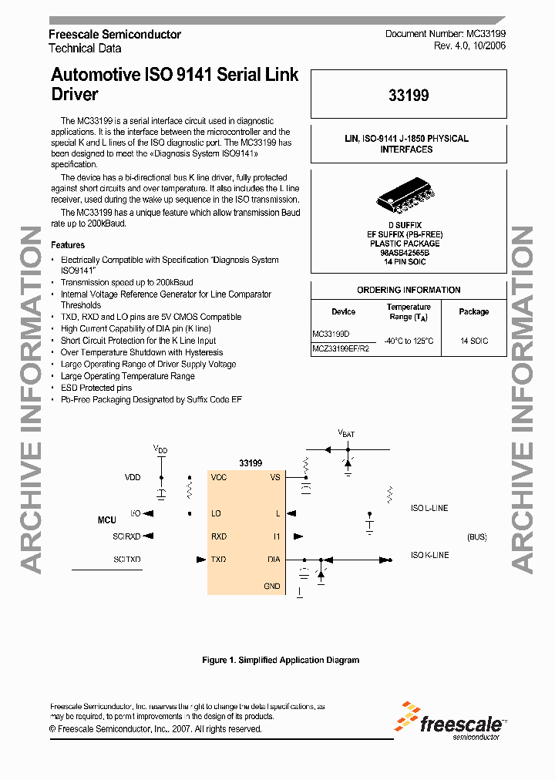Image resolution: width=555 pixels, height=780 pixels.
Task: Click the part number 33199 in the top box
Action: [x=409, y=96]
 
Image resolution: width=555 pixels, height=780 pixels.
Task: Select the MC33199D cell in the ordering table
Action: [x=331, y=335]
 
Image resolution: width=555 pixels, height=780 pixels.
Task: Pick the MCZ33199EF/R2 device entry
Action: [x=341, y=348]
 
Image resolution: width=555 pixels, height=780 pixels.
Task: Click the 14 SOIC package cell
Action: [x=473, y=341]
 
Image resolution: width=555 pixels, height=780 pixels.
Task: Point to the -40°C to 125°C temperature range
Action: [x=409, y=341]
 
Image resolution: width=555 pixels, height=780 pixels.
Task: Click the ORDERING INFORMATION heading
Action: [x=409, y=290]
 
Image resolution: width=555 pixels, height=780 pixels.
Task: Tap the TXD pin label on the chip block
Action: [x=219, y=560]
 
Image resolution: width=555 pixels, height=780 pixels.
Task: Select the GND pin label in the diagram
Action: [x=272, y=586]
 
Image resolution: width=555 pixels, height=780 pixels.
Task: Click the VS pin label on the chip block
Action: [x=275, y=477]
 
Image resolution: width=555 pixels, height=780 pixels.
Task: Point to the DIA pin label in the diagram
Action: [x=274, y=560]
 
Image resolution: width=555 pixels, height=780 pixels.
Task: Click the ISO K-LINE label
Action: [x=429, y=555]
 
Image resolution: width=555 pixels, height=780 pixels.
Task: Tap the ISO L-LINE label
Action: [x=429, y=508]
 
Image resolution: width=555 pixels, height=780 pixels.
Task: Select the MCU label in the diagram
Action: [x=106, y=520]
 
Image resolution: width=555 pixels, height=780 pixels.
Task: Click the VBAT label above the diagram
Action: [x=346, y=434]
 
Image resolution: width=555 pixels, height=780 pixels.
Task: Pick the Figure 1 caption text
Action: [x=281, y=660]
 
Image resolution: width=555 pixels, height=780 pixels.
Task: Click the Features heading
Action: [x=68, y=245]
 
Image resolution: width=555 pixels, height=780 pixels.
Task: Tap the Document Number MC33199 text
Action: [x=446, y=35]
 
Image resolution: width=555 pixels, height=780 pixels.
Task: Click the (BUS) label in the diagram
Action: [x=477, y=536]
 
